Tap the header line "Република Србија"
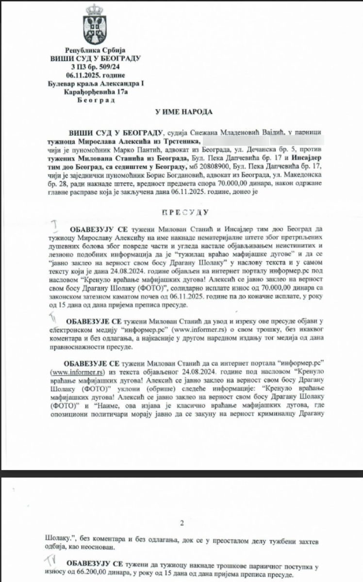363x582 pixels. [96, 50]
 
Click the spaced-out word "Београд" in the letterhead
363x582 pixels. [96, 100]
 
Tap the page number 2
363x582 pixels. [181, 523]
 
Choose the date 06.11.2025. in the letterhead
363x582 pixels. [96, 75]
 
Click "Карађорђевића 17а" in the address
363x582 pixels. [96, 92]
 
